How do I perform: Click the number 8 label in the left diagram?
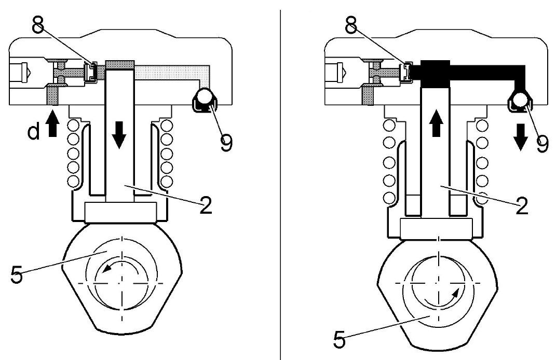coord(38,25)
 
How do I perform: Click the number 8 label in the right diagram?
coord(351,25)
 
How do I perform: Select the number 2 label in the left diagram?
coord(206,204)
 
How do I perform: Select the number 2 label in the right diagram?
coord(522,205)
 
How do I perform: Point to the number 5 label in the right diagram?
coord(340,339)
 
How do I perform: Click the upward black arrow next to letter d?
coord(52,123)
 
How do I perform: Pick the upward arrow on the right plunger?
coord(436,123)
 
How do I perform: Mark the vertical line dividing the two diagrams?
coord(280,184)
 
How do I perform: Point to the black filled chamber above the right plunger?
coord(435,74)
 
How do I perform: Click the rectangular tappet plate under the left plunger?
coord(120,212)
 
